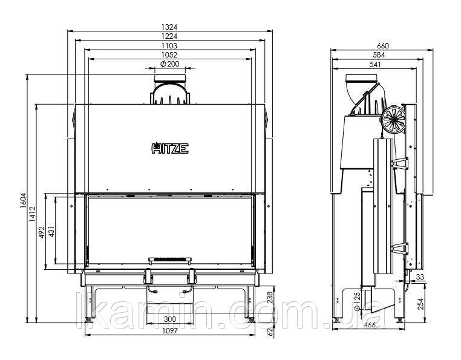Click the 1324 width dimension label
tap(169, 27)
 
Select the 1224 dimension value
tap(169, 36)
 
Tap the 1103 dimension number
tap(169, 46)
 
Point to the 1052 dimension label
tap(169, 55)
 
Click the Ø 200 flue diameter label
tap(170, 64)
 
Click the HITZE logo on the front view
tap(170, 148)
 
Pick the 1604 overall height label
tap(23, 201)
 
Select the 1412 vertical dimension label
tap(32, 214)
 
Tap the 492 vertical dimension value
tap(42, 232)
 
